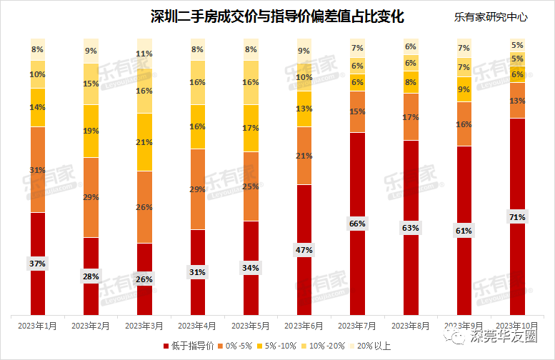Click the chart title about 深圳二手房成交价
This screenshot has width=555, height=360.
click(x=276, y=16)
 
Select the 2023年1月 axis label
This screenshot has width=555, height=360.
click(x=38, y=326)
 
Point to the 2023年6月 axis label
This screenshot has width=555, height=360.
click(x=304, y=326)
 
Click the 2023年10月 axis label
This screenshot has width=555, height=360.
click(x=516, y=326)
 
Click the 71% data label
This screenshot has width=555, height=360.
click(x=517, y=216)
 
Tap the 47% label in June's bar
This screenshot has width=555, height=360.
click(x=304, y=250)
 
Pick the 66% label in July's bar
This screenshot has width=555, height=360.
click(x=357, y=224)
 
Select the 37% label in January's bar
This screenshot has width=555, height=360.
click(x=38, y=263)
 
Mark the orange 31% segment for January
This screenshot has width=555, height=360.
click(x=38, y=169)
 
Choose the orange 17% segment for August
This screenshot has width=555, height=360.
click(x=411, y=116)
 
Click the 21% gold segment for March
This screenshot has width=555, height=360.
click(x=144, y=142)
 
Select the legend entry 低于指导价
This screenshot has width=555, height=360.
click(x=191, y=346)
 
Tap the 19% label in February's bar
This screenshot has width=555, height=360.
click(x=91, y=131)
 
